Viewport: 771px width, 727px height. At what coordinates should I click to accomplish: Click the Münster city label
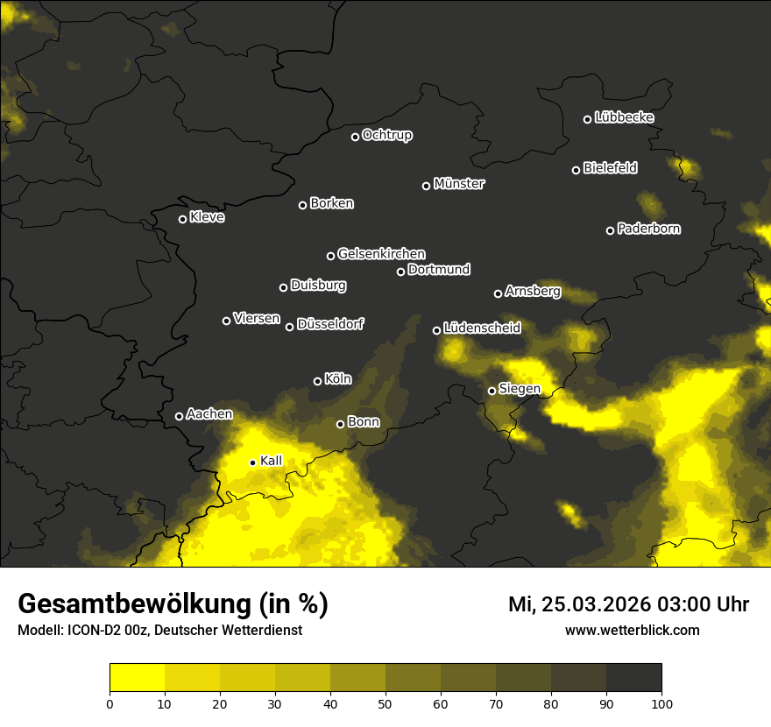tap(459, 184)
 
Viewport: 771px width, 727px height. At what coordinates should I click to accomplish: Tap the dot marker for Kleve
tap(182, 219)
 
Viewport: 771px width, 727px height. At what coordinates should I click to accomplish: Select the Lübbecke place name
tap(624, 117)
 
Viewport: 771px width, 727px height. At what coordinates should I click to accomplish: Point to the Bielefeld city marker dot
tap(576, 170)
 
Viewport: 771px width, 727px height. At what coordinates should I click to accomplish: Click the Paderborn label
tap(648, 229)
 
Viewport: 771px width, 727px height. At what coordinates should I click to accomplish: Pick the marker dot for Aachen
tap(179, 416)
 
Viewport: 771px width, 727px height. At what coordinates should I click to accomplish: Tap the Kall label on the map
tap(272, 461)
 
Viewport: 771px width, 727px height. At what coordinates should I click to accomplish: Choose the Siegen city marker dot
tap(492, 391)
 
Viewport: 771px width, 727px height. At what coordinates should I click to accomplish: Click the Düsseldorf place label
tap(330, 324)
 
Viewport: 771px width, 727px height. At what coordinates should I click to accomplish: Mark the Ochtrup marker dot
tap(355, 137)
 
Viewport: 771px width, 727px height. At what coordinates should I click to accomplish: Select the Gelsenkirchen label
tap(381, 254)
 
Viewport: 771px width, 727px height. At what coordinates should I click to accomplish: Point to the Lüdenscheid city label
tap(482, 328)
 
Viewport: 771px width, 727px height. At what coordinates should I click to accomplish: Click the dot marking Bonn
tap(340, 424)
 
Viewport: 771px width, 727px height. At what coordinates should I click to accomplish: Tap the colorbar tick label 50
tap(385, 703)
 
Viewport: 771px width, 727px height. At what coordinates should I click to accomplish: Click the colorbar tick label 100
tap(661, 703)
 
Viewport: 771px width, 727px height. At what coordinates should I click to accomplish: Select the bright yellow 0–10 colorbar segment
tap(137, 678)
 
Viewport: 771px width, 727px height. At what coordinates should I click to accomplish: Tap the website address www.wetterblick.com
tap(633, 630)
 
